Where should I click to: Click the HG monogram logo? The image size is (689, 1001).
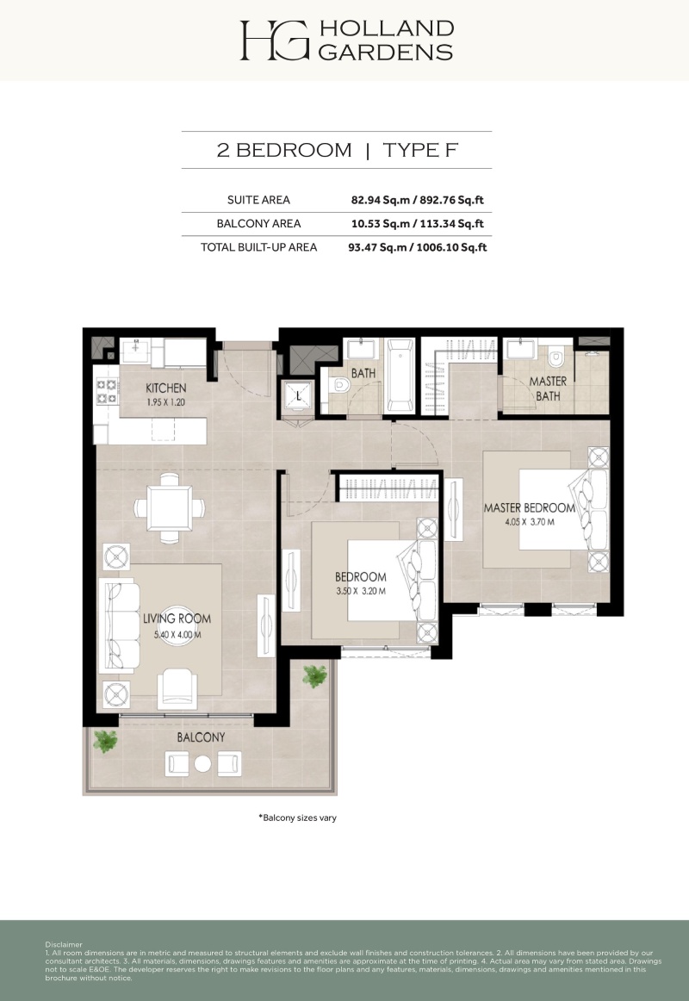pyautogui.click(x=275, y=40)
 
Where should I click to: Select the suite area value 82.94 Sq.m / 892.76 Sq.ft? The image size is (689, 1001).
pyautogui.click(x=417, y=200)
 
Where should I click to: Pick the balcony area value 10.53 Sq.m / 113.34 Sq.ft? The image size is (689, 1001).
pyautogui.click(x=417, y=223)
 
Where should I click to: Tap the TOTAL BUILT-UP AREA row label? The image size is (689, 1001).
pyautogui.click(x=258, y=247)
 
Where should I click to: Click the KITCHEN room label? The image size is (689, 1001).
pyautogui.click(x=166, y=389)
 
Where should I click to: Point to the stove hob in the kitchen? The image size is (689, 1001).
pyautogui.click(x=106, y=391)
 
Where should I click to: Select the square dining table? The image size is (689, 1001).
pyautogui.click(x=170, y=507)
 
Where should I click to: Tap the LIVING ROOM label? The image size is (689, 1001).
pyautogui.click(x=177, y=618)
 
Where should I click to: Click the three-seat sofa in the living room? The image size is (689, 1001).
pyautogui.click(x=120, y=625)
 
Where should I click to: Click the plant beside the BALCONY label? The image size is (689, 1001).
pyautogui.click(x=105, y=742)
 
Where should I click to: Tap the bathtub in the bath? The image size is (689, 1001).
pyautogui.click(x=400, y=376)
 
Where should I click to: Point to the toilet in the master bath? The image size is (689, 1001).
pyautogui.click(x=555, y=357)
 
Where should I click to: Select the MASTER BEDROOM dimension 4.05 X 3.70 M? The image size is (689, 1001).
pyautogui.click(x=529, y=521)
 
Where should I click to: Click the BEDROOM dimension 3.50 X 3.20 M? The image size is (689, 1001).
pyautogui.click(x=361, y=591)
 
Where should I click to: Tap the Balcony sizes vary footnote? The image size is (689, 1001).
pyautogui.click(x=297, y=818)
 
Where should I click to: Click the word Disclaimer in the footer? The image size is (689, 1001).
pyautogui.click(x=64, y=944)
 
